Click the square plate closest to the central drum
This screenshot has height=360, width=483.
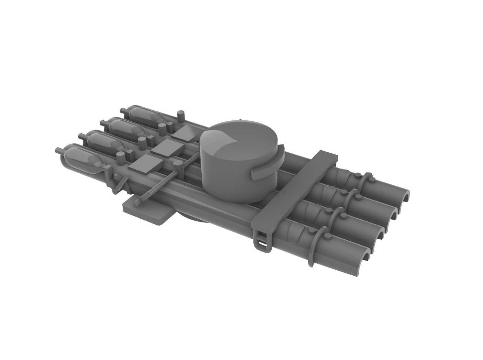point(187,133)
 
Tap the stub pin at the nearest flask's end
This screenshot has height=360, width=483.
point(58,150)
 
